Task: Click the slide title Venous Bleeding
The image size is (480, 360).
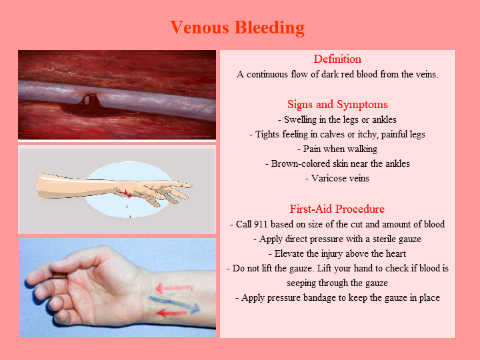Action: click(237, 27)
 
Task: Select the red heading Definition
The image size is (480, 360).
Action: click(337, 59)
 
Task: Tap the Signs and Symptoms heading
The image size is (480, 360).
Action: click(337, 105)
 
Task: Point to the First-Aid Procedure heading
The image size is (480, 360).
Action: click(337, 209)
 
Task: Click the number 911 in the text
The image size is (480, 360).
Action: click(260, 224)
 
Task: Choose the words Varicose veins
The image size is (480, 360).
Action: click(340, 178)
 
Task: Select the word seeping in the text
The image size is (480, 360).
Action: click(301, 283)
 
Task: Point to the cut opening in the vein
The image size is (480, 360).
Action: click(90, 99)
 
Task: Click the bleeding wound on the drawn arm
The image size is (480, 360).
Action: click(126, 192)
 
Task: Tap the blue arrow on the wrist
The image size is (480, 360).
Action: click(174, 304)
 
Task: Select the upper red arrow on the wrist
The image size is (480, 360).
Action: click(174, 288)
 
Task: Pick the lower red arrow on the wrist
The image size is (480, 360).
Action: click(172, 313)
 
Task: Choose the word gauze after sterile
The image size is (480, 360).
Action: click(409, 239)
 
